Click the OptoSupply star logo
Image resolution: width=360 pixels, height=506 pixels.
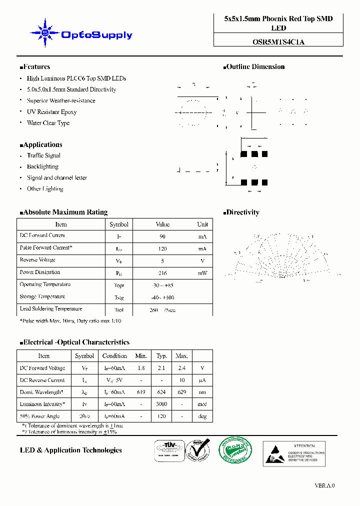point(45,33)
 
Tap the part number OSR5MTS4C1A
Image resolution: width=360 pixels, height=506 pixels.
point(278,42)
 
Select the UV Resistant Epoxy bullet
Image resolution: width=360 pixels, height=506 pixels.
point(51,112)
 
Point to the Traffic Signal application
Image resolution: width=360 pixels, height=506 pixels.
point(43,155)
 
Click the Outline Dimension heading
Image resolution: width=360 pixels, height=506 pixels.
point(255,66)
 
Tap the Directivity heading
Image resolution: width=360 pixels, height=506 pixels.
point(242,212)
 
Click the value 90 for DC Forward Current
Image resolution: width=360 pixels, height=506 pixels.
point(162,236)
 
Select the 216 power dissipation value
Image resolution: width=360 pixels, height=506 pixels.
point(162,273)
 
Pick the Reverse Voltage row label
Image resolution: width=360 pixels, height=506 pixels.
point(37,260)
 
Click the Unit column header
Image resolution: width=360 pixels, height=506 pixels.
point(202,224)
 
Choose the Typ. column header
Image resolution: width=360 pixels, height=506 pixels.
point(161,356)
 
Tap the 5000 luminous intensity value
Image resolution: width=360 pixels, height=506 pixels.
point(161,404)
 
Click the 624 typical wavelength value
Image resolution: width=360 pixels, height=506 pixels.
point(161,392)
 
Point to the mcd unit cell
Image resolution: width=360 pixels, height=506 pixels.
point(202,404)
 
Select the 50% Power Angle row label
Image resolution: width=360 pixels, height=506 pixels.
point(40,416)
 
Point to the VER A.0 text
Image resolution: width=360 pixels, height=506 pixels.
point(324,485)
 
